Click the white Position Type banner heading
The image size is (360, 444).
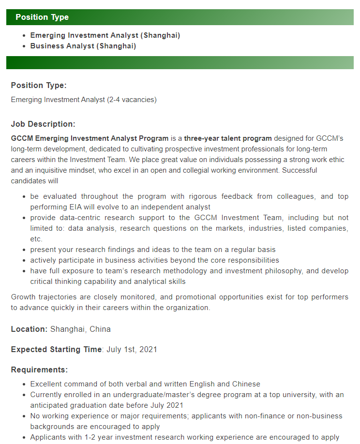pyautogui.click(x=42, y=17)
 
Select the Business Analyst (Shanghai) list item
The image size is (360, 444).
pyautogui.click(x=83, y=46)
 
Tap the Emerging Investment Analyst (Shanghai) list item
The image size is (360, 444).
pyautogui.click(x=105, y=36)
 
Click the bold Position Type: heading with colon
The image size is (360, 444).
pyautogui.click(x=39, y=86)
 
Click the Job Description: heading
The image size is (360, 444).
pyautogui.click(x=43, y=124)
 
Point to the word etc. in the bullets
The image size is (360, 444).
pyautogui.click(x=36, y=239)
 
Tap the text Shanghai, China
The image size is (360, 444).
pyautogui.click(x=80, y=329)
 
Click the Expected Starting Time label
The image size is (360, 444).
pyautogui.click(x=56, y=350)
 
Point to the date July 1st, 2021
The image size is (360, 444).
pyautogui.click(x=131, y=350)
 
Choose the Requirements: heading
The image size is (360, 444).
pyautogui.click(x=39, y=370)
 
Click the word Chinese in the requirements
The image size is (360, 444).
pyautogui.click(x=246, y=384)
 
